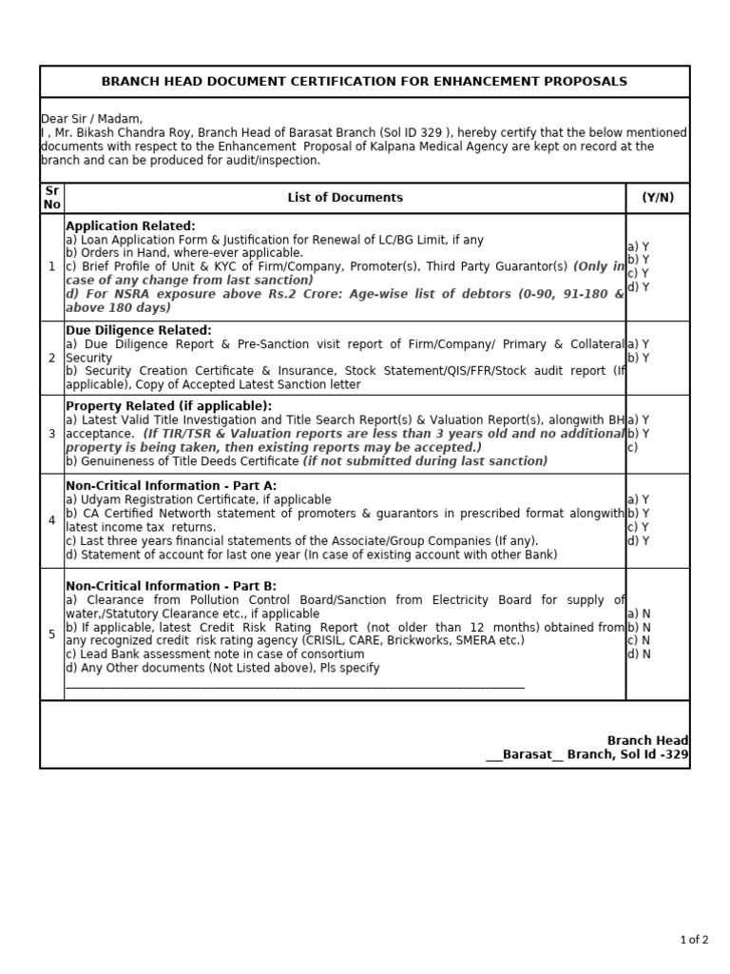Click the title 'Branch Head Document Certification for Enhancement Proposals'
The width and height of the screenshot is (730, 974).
[x=364, y=82]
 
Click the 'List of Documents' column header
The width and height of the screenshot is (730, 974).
[x=345, y=198]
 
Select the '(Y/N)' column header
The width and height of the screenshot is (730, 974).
[x=657, y=198]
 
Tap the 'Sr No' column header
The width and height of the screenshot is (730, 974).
[x=52, y=198]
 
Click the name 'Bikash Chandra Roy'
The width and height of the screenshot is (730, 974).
[x=125, y=133]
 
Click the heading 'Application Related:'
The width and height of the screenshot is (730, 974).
[x=130, y=226]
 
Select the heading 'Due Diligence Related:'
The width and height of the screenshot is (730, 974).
[x=138, y=330]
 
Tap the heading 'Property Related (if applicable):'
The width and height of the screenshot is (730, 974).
[x=168, y=406]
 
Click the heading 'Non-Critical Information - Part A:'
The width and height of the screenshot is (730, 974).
[x=171, y=486]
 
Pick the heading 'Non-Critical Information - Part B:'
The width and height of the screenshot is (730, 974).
[x=171, y=587]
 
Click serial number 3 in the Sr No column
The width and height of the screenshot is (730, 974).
[x=52, y=434]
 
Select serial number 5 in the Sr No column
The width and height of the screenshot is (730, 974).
[x=52, y=634]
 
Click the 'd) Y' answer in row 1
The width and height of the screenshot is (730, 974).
[x=638, y=287]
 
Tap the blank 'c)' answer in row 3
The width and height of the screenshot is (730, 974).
[x=632, y=447]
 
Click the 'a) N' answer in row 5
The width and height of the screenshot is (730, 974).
[x=638, y=614]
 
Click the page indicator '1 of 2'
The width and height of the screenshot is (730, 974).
[x=694, y=940]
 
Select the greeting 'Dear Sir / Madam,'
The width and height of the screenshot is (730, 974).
[x=91, y=119]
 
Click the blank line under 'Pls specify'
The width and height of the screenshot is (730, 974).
[x=295, y=685]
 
